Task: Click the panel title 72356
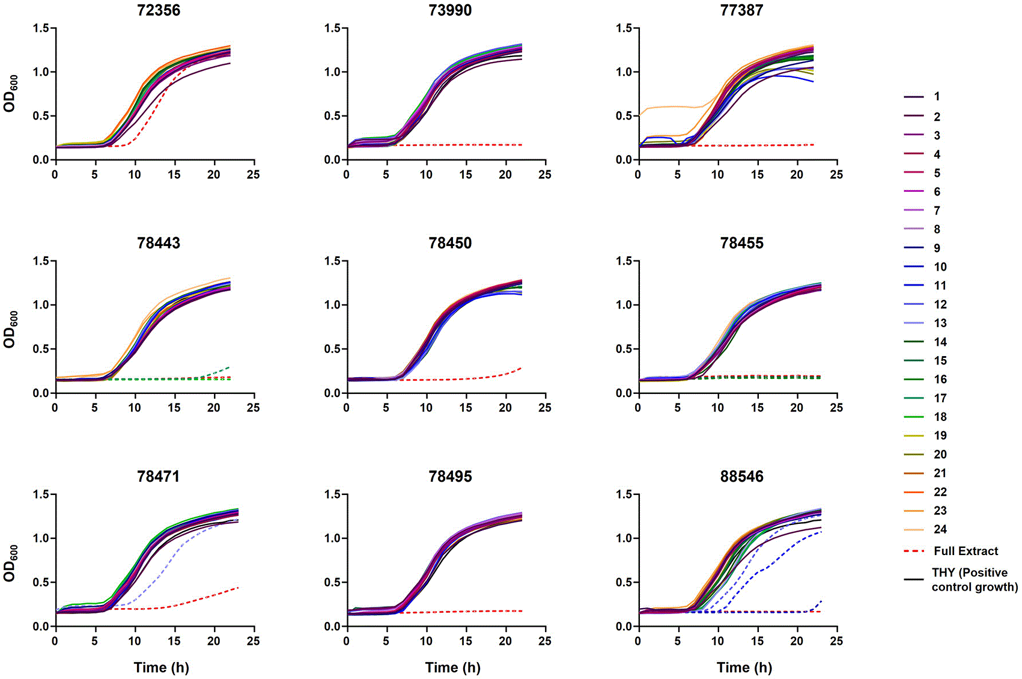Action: pos(159,10)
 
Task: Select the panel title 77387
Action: pos(741,10)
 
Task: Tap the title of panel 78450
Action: pos(450,243)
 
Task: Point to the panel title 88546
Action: pos(741,476)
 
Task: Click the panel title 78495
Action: pos(450,476)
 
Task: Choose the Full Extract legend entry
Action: pos(951,551)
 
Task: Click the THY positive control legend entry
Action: pos(960,579)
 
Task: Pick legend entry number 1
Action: pos(922,96)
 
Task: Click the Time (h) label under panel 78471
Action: pos(161,668)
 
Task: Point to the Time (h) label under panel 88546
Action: pos(744,668)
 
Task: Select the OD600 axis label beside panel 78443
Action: pos(10,330)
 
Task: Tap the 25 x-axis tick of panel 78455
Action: pos(836,407)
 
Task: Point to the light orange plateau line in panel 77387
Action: pos(671,107)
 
